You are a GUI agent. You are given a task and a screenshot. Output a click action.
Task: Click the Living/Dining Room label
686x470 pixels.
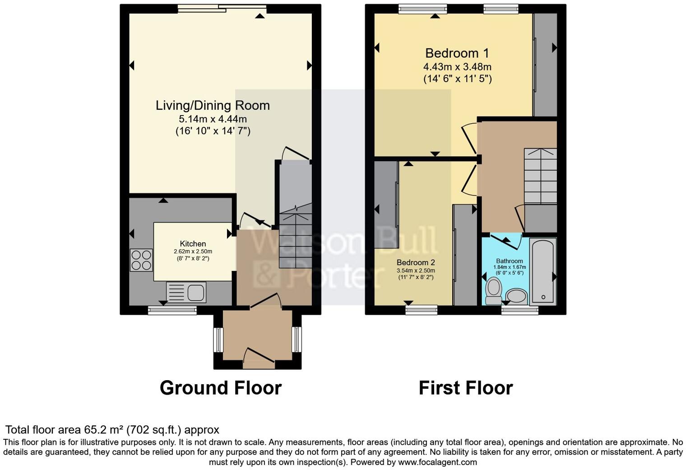[213, 105]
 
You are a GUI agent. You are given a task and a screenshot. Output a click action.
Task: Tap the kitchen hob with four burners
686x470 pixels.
[141, 260]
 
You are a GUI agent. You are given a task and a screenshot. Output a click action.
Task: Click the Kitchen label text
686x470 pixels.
[193, 244]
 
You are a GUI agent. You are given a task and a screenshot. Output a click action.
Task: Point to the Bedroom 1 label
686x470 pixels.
[457, 53]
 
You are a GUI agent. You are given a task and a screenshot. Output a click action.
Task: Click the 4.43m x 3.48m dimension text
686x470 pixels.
[457, 67]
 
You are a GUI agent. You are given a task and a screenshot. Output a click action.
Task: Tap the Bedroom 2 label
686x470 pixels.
[416, 262]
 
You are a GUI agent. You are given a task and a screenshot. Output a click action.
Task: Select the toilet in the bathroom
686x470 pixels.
[493, 291]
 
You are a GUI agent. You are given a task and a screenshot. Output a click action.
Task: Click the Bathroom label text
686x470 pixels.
[510, 261]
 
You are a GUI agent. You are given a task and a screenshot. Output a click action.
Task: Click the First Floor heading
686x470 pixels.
[465, 388]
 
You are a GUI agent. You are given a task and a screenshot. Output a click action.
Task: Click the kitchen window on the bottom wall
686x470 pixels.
[172, 310]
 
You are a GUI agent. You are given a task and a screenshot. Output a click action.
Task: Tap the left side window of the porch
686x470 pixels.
[218, 340]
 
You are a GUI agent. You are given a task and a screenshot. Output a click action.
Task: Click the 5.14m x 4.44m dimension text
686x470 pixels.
[213, 119]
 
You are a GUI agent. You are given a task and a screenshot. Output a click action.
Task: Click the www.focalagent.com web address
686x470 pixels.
[437, 462]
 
